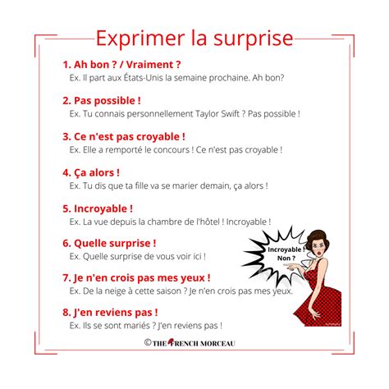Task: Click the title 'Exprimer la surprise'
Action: point(194,39)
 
